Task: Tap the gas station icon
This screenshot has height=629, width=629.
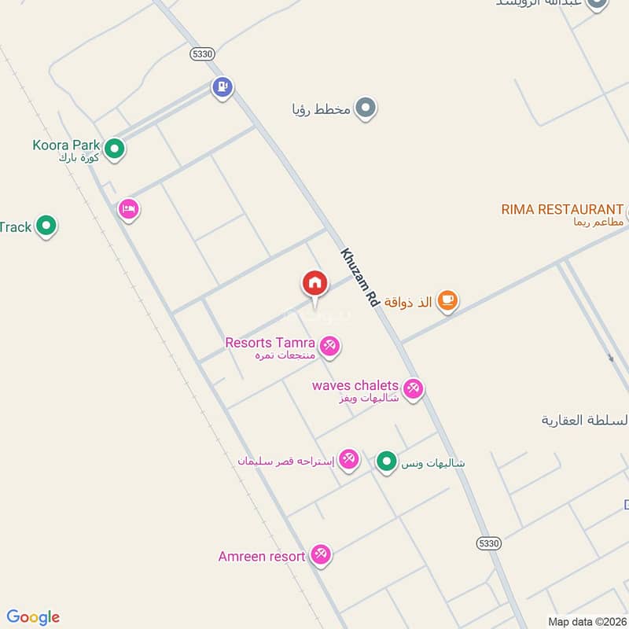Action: (223, 87)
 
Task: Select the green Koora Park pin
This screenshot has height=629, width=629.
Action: (115, 148)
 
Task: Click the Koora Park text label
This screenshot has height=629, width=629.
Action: (67, 145)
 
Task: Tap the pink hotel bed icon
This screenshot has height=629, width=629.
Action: (129, 209)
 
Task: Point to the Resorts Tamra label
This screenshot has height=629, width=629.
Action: (270, 343)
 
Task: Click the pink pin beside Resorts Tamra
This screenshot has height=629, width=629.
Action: (329, 346)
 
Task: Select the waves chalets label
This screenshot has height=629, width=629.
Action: (355, 385)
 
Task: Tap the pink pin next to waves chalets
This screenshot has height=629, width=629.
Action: (413, 388)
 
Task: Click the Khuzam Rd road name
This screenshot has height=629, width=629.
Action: (360, 278)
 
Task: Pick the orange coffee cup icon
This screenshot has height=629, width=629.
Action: (447, 300)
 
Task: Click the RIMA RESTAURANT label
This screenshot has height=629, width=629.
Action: (562, 209)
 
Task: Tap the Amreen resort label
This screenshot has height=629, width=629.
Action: (262, 557)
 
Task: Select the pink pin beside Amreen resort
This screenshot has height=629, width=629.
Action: (320, 555)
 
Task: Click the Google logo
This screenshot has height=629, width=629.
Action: (33, 617)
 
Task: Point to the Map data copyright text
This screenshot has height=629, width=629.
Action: (586, 621)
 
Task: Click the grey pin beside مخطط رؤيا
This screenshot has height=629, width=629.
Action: (365, 109)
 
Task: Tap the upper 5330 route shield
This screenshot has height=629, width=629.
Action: (201, 53)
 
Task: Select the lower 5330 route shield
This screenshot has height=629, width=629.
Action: (488, 543)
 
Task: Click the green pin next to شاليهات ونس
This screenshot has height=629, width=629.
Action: (385, 462)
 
